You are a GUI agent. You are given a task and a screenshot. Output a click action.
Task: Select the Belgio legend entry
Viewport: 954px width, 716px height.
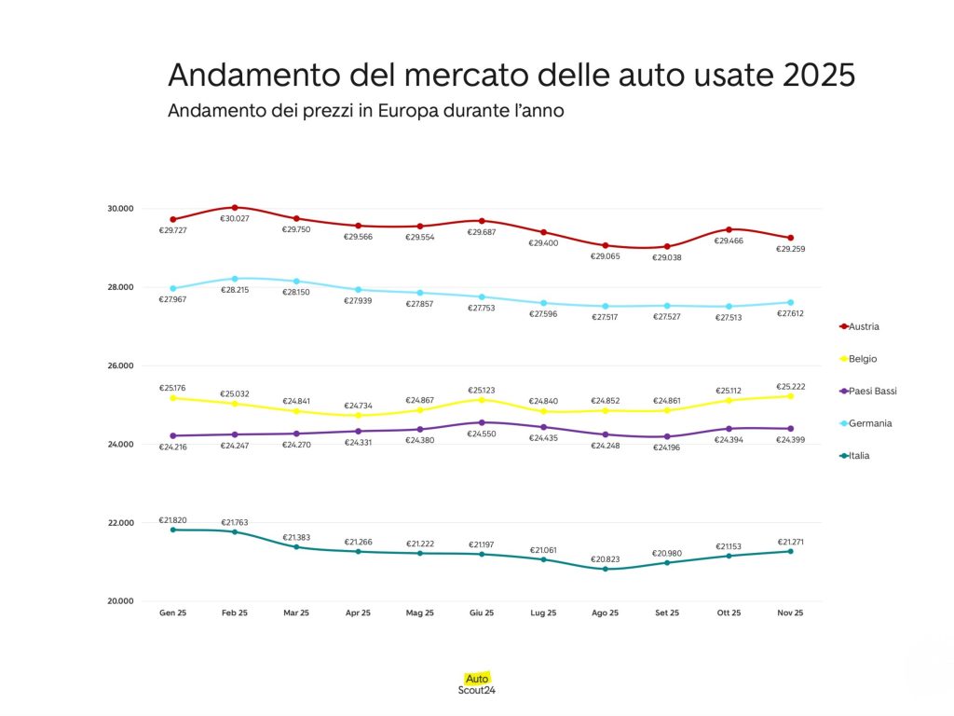(858, 359)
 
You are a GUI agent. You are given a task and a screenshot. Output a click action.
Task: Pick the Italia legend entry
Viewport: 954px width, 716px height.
(854, 456)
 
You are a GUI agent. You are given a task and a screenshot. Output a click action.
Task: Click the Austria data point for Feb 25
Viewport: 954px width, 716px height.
(235, 207)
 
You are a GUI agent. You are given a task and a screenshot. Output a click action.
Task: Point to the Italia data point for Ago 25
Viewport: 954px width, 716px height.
(605, 569)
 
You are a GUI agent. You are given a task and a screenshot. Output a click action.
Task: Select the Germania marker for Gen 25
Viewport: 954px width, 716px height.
(173, 288)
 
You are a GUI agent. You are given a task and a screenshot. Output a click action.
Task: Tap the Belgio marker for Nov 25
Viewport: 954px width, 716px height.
(790, 395)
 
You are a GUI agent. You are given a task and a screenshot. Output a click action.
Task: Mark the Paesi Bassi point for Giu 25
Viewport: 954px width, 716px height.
(482, 422)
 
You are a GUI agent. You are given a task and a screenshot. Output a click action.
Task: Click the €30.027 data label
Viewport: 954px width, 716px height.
(235, 218)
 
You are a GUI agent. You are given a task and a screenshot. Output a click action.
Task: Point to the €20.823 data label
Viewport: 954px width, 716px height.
(605, 559)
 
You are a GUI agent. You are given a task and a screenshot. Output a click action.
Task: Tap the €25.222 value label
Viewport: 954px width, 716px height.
(790, 386)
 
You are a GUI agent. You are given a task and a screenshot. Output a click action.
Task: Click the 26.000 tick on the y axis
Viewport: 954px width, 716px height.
(121, 365)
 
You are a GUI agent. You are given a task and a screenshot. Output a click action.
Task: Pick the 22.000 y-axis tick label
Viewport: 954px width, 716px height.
(121, 523)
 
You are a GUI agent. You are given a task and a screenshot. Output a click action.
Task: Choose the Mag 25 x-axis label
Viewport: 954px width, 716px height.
(419, 613)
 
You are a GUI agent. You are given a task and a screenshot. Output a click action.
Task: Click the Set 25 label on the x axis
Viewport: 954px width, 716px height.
(666, 613)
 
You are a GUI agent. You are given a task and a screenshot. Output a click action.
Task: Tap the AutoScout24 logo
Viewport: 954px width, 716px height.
(477, 684)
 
